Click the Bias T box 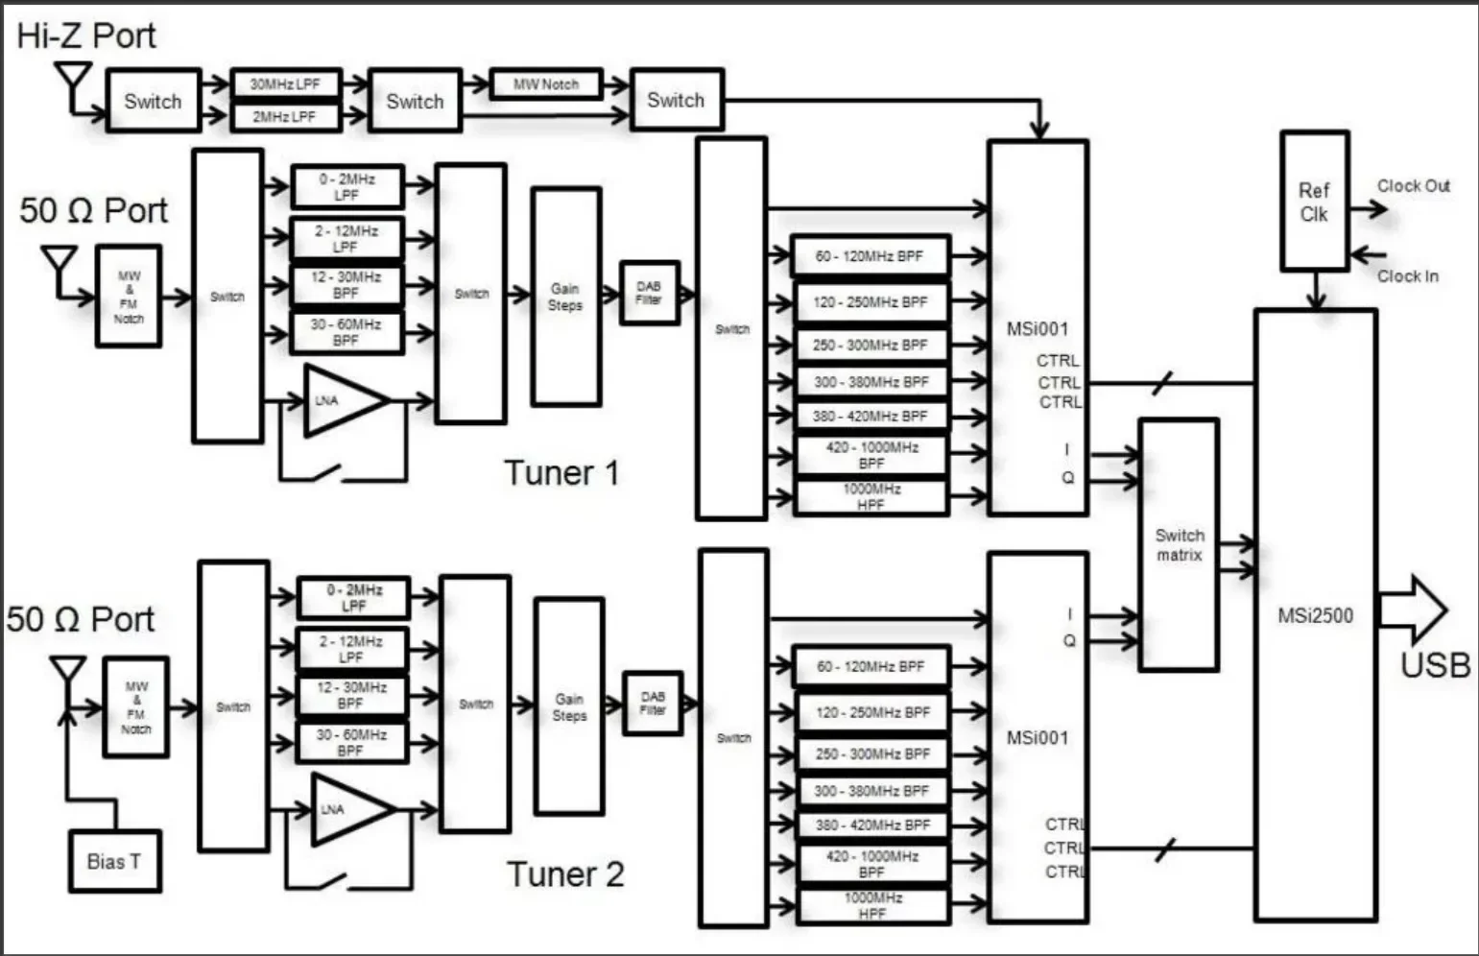114,861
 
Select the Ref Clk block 1314,202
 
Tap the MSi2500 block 1315,615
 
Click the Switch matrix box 1179,544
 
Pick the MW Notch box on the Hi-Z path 546,84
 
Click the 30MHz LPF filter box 285,84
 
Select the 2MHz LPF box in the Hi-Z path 285,116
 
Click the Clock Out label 1413,185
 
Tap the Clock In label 1407,276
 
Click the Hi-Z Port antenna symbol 73,82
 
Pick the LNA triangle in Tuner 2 348,809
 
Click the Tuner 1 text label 561,473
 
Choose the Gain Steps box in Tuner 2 569,706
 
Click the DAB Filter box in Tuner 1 649,293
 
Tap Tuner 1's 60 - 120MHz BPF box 870,256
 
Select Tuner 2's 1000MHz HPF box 871,906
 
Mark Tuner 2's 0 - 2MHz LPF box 353,597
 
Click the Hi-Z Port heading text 86,36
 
